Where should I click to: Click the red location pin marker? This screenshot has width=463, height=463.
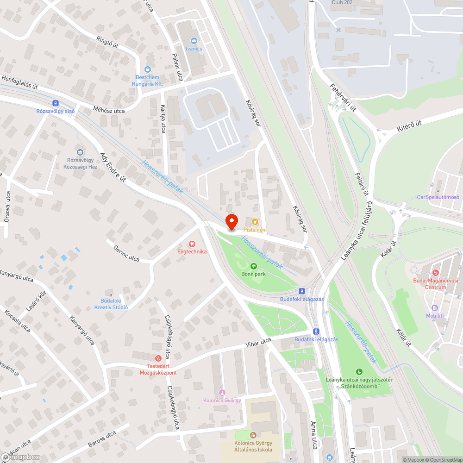point(231,221)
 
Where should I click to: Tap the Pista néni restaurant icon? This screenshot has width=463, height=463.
point(255,222)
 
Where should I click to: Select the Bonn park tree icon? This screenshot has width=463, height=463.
point(253,266)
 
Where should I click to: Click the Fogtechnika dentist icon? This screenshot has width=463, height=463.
point(192,244)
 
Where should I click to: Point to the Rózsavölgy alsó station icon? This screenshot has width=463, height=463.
point(56,103)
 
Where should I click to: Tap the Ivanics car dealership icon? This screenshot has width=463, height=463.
point(194,41)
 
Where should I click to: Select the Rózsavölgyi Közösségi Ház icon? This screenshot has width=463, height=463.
point(80,152)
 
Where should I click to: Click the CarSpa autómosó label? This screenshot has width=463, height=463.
point(438,197)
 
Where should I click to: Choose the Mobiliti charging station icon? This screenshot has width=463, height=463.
point(435,308)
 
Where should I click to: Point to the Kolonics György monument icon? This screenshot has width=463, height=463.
point(222,393)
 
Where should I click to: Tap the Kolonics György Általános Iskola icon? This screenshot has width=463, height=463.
point(252,435)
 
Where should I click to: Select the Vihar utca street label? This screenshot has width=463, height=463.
point(258,343)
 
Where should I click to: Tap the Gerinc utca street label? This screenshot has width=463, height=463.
point(126,252)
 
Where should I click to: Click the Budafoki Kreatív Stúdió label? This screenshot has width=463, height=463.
point(114,304)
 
